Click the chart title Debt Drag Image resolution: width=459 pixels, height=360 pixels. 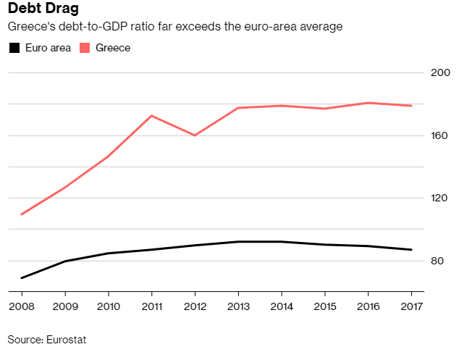click(43, 8)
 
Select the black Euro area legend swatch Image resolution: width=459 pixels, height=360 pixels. click(14, 48)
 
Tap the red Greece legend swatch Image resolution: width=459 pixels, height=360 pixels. click(85, 48)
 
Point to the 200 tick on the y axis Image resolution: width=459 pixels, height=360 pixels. click(440, 72)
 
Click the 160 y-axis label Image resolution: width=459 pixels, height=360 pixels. click(439, 135)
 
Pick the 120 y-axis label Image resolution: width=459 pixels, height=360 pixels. click(439, 198)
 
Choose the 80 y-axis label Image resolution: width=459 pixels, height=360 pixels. click(437, 261)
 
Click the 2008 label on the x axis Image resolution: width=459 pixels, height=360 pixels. click(22, 306)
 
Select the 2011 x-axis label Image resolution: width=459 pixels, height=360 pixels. click(151, 306)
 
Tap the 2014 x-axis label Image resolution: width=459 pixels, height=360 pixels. click(282, 306)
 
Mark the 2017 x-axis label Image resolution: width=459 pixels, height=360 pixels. click(411, 306)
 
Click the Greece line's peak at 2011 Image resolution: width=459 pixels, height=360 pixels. click(151, 116)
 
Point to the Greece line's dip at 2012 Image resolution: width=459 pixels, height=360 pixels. click(195, 135)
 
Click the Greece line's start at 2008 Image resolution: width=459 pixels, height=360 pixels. click(22, 214)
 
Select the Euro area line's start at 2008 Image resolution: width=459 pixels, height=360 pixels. click(22, 277)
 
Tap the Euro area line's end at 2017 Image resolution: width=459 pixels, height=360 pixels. click(411, 250)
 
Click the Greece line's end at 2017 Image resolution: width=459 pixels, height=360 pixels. click(411, 106)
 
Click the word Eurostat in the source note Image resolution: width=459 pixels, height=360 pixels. click(66, 340)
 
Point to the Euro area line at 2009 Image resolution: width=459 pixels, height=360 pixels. click(65, 261)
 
